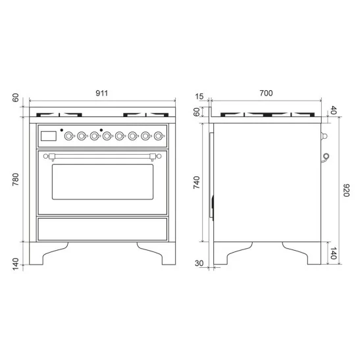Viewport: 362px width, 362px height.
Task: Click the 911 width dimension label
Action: coord(101,93)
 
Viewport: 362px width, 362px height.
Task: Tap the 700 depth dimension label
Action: coord(266,93)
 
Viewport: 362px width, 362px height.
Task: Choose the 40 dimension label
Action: coord(333,111)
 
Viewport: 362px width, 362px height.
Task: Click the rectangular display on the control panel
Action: coord(48,136)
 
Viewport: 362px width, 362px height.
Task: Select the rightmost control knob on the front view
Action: coord(158,136)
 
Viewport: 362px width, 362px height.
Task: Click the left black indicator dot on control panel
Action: coord(61,130)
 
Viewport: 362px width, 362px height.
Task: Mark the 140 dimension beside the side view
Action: coord(333,254)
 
